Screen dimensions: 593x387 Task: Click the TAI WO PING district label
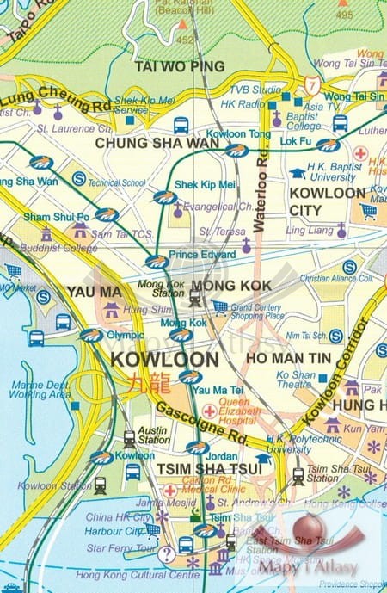(180, 66)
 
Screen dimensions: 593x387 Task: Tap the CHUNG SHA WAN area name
(157, 144)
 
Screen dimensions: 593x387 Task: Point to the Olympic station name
(125, 335)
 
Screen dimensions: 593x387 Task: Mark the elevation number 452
(185, 39)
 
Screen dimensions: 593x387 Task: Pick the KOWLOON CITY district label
(328, 201)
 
